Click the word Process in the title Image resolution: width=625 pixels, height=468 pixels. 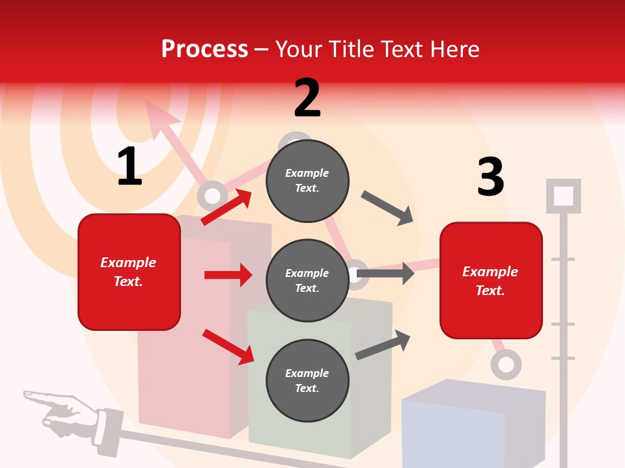coord(204,49)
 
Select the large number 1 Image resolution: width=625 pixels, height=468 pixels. coord(130,167)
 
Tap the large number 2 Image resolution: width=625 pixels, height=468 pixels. coord(307,98)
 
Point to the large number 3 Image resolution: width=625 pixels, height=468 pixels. coord(490,177)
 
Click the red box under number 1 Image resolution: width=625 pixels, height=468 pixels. coord(129,272)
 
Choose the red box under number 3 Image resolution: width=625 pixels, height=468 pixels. coord(491,281)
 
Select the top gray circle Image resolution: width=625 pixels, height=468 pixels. coord(307,181)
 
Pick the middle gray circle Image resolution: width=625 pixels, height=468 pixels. coord(307,281)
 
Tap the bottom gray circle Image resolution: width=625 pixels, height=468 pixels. coord(307,381)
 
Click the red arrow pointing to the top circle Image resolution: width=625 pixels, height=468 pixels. coord(227,207)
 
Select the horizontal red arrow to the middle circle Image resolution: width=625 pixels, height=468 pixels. coord(228,275)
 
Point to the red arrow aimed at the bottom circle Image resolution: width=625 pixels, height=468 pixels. coord(229,346)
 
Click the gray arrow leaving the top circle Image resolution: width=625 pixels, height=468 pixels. coord(387,208)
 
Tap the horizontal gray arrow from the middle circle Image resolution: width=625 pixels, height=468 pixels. coord(385,273)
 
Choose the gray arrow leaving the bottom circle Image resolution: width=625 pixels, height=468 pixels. coord(383,344)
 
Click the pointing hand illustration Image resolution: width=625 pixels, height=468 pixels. coord(65,414)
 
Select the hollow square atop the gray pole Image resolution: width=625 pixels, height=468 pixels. coord(563,196)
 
